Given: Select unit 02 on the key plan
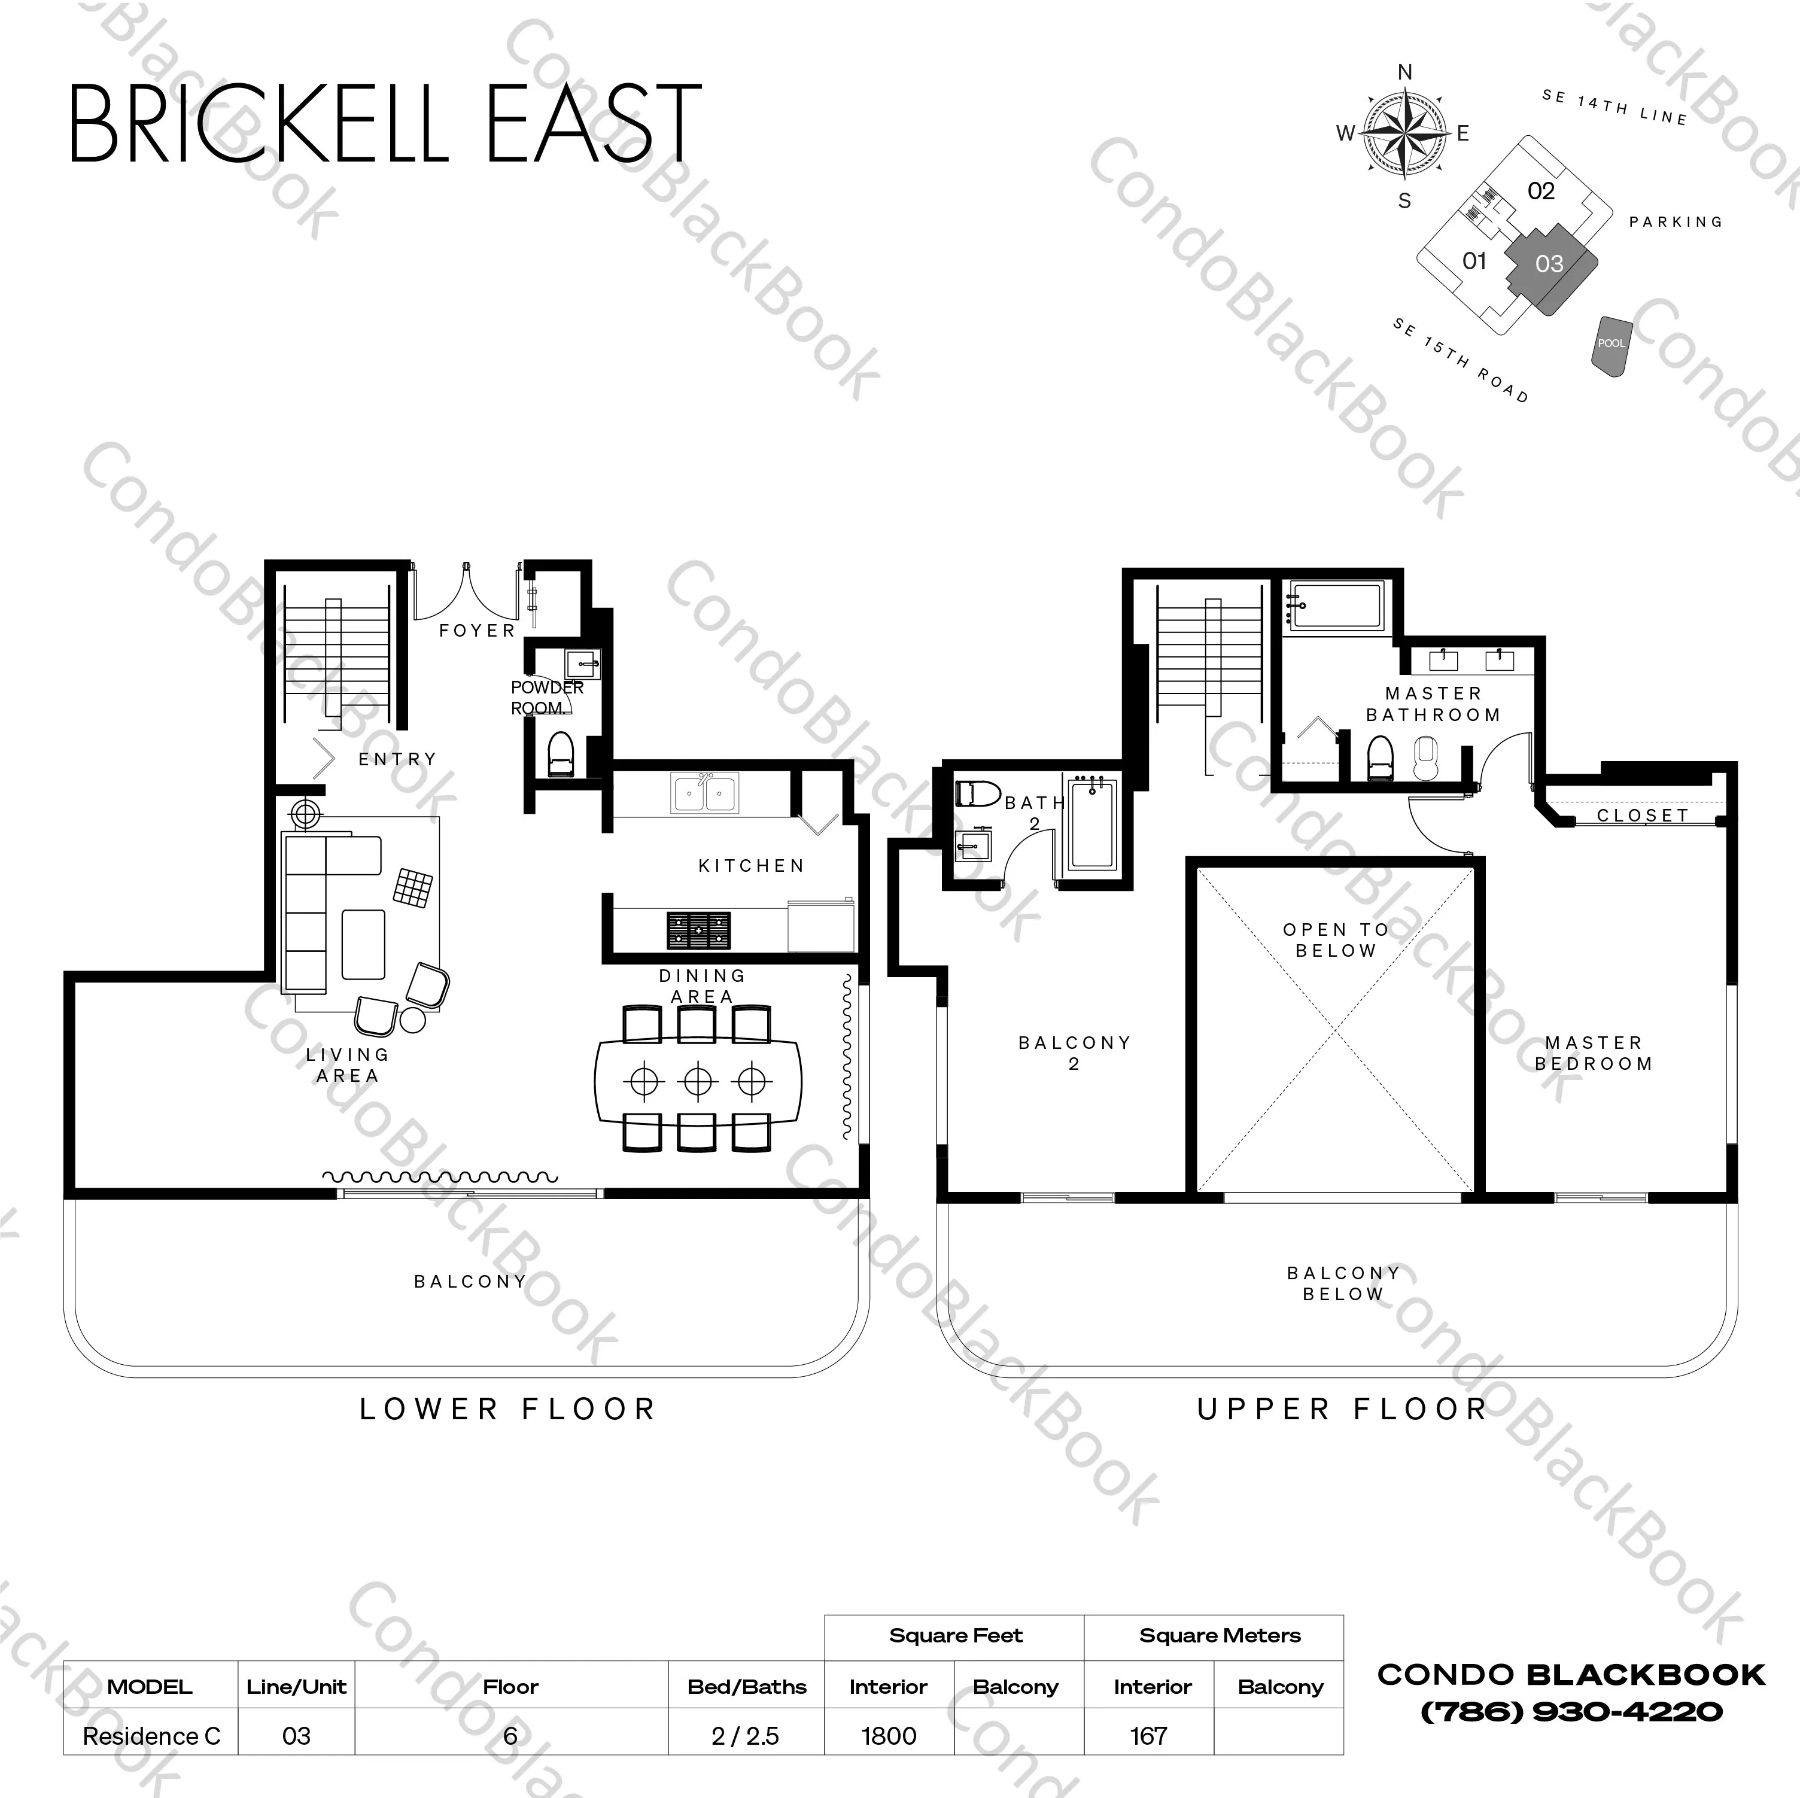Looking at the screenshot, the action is (x=1541, y=191).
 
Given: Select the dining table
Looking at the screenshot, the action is (x=698, y=1081).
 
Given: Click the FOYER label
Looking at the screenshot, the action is (x=477, y=631).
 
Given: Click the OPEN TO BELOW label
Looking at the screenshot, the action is (x=1336, y=940).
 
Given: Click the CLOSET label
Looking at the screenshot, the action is (x=1643, y=815).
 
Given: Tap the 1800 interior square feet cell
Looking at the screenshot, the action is (x=889, y=1736).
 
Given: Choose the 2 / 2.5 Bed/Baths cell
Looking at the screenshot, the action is (x=746, y=1736).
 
